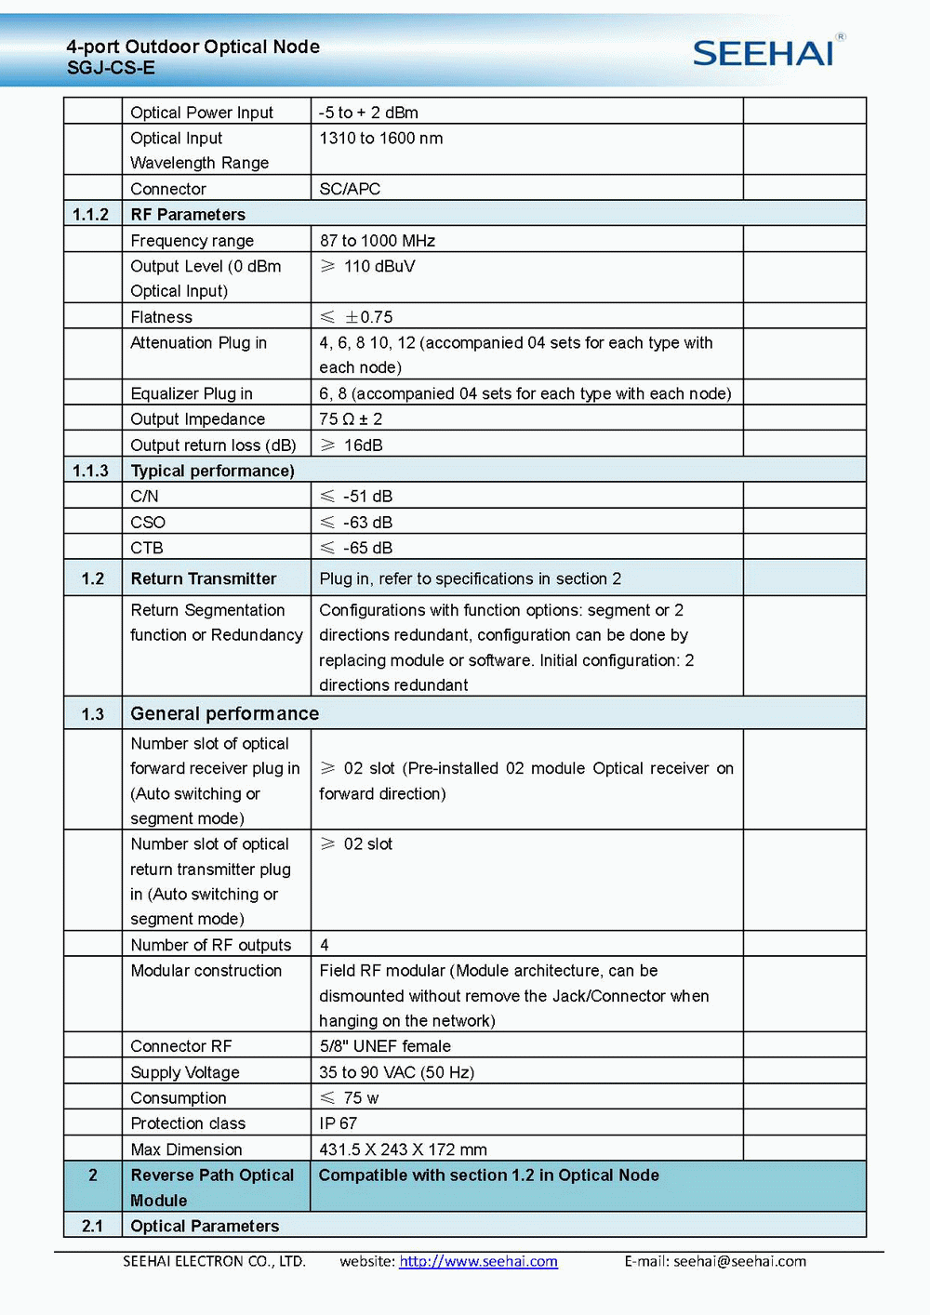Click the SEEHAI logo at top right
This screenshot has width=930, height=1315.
764,53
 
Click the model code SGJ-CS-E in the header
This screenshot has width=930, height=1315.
111,68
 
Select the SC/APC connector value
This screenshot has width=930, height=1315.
350,189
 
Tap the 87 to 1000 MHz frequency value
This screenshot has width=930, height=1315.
378,241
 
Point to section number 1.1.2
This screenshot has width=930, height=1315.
91,215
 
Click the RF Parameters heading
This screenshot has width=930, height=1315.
188,215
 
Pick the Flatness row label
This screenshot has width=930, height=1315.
162,317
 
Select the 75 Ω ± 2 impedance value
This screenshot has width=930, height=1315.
351,419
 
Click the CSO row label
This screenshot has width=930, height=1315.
148,523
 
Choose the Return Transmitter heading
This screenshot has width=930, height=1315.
204,578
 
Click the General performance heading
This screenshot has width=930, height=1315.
225,713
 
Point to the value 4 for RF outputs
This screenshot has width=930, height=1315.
325,945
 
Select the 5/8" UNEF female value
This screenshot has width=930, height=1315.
385,1046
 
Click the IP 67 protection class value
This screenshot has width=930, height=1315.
339,1123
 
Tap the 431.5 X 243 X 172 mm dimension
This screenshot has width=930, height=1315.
403,1149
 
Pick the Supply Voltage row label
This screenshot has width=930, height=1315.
185,1072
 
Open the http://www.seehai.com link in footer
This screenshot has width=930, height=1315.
479,1261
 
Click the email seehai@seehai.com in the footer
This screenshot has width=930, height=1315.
739,1261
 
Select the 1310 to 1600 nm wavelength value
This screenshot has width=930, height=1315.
381,139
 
